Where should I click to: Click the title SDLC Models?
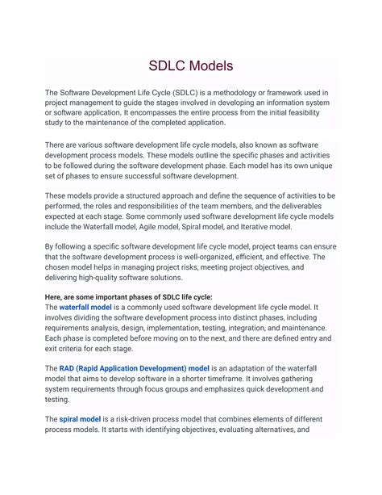pyautogui.click(x=191, y=65)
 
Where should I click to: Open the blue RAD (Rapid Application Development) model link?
pyautogui.click(x=135, y=369)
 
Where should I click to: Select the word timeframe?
pyautogui.click(x=247, y=379)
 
